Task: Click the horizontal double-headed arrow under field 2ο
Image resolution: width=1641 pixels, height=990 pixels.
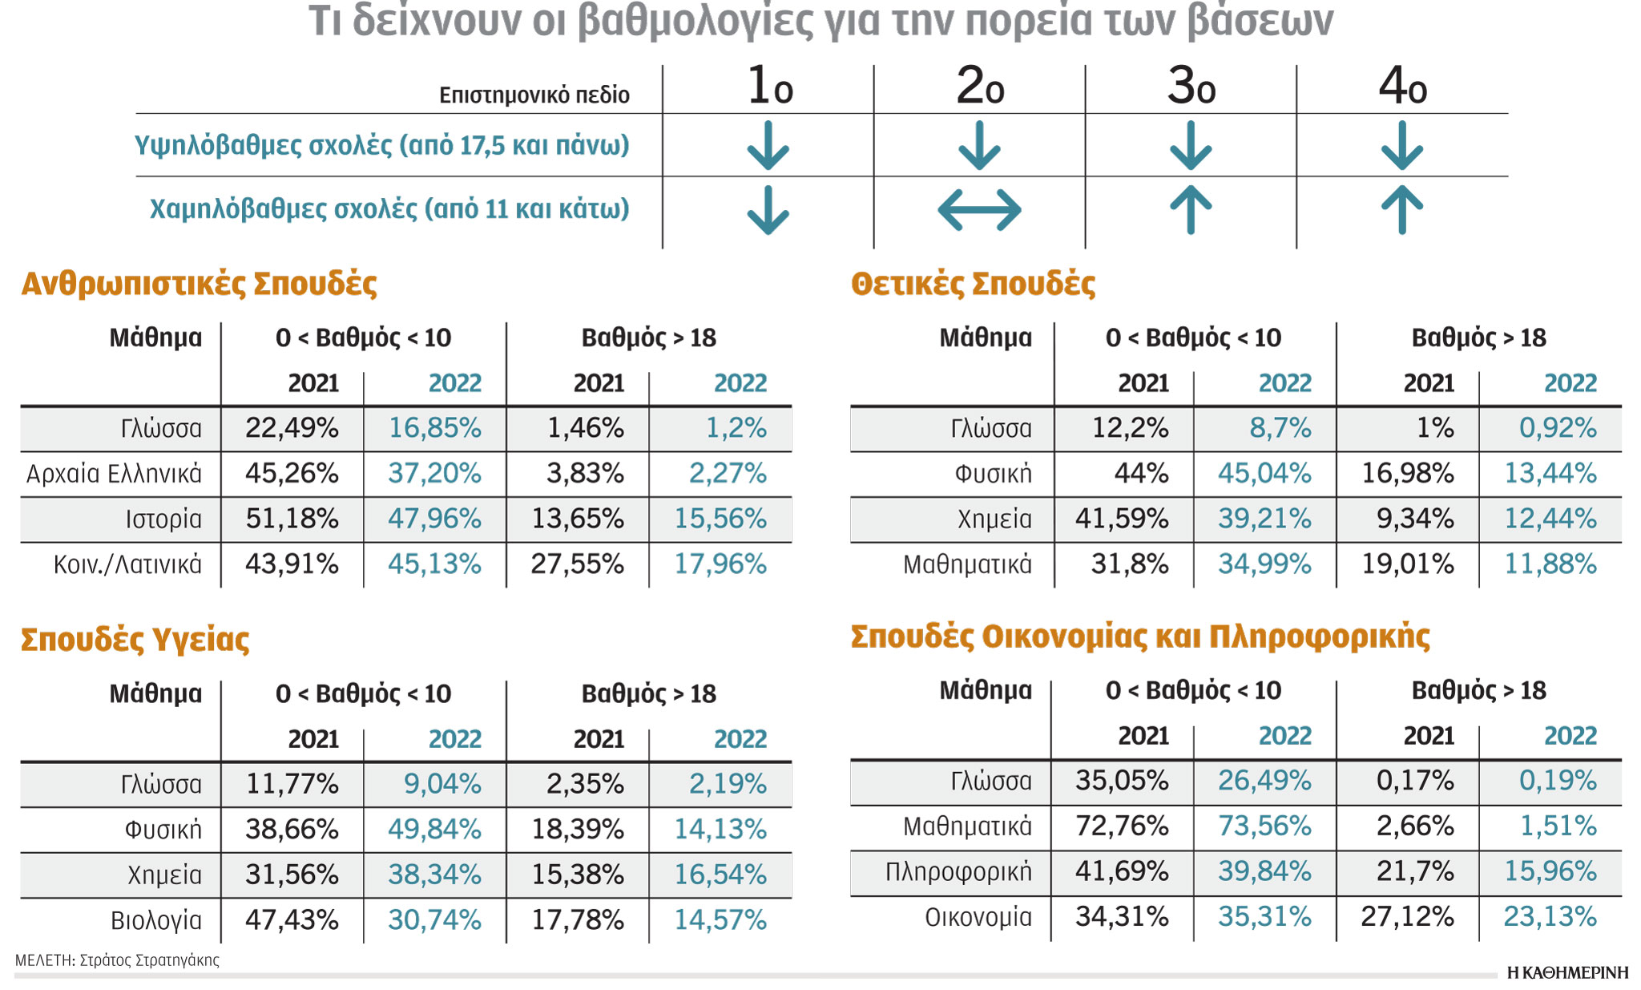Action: (979, 210)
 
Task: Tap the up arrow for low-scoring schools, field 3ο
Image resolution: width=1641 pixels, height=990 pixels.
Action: (1191, 210)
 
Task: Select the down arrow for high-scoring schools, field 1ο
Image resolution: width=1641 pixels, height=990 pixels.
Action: (768, 146)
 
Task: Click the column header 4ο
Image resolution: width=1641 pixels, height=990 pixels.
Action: (1402, 87)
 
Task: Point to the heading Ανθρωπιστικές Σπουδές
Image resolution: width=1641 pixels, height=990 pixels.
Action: (199, 284)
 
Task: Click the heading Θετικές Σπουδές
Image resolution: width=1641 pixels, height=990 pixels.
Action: (973, 284)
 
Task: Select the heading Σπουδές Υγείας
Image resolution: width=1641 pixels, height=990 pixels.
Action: (135, 640)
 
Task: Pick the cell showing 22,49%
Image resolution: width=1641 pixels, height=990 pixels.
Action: (292, 428)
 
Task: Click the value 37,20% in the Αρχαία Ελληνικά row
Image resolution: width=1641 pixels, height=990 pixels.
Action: (434, 474)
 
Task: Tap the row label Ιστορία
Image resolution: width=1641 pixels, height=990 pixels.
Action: (163, 519)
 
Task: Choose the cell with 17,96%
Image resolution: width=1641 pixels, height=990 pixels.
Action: (720, 564)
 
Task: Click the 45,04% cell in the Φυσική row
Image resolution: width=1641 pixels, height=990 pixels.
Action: (1264, 474)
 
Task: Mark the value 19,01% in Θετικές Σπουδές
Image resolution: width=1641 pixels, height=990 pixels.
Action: (1407, 564)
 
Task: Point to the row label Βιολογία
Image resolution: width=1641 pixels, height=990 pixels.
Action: (156, 920)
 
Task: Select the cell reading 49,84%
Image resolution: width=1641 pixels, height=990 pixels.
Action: (434, 830)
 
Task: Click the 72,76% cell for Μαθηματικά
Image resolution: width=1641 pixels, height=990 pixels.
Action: (1122, 826)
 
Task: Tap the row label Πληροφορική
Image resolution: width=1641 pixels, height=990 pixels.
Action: (958, 871)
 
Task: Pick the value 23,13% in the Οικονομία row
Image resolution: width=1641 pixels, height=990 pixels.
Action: (1550, 916)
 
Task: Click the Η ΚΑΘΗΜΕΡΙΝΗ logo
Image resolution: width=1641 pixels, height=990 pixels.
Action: (1567, 973)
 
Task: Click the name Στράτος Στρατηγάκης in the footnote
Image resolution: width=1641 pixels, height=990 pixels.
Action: (149, 960)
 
